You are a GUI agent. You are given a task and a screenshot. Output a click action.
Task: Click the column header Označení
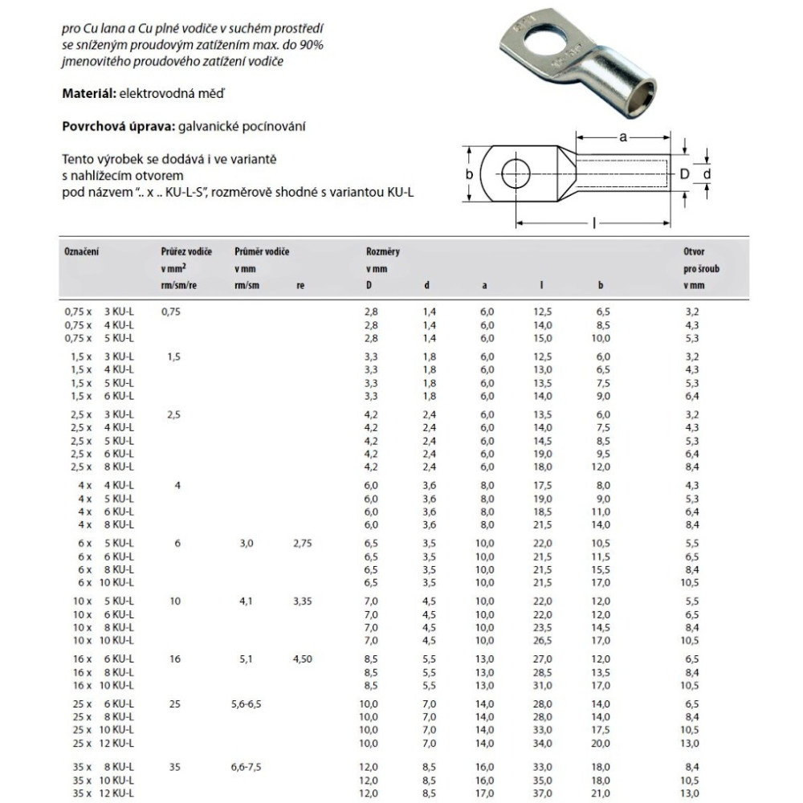tap(81, 252)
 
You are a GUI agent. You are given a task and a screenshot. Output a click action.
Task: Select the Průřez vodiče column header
tap(186, 252)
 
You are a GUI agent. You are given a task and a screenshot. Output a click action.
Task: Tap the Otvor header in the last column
tap(695, 252)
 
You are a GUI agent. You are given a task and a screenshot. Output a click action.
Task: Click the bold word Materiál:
tap(89, 94)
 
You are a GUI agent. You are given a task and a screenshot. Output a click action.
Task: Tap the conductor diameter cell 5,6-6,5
tap(246, 703)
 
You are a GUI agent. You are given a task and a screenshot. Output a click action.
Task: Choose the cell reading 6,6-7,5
tap(246, 767)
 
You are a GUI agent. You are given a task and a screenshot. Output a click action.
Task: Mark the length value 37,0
tap(544, 793)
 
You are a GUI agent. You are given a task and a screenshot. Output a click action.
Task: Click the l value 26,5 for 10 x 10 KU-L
tap(544, 640)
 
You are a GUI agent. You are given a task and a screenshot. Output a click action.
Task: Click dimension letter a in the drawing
tap(623, 137)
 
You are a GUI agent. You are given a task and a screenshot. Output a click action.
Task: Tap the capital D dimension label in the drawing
tap(685, 173)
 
